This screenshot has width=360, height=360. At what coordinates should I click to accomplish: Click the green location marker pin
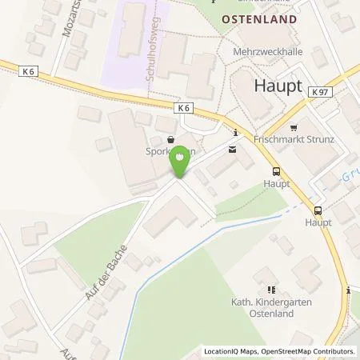(180, 163)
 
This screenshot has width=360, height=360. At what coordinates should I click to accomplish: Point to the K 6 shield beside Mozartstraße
(30, 72)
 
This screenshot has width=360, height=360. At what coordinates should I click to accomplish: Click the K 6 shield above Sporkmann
(183, 107)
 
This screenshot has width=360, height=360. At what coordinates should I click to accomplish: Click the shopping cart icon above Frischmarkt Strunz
(294, 126)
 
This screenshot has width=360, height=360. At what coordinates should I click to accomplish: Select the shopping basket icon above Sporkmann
(170, 138)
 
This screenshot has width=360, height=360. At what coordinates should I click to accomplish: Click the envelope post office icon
(233, 148)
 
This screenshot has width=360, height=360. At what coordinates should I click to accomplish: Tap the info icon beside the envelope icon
(234, 134)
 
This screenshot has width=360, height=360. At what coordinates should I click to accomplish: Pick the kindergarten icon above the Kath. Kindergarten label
(270, 289)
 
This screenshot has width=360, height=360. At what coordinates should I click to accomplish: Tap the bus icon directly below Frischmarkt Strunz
(276, 170)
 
